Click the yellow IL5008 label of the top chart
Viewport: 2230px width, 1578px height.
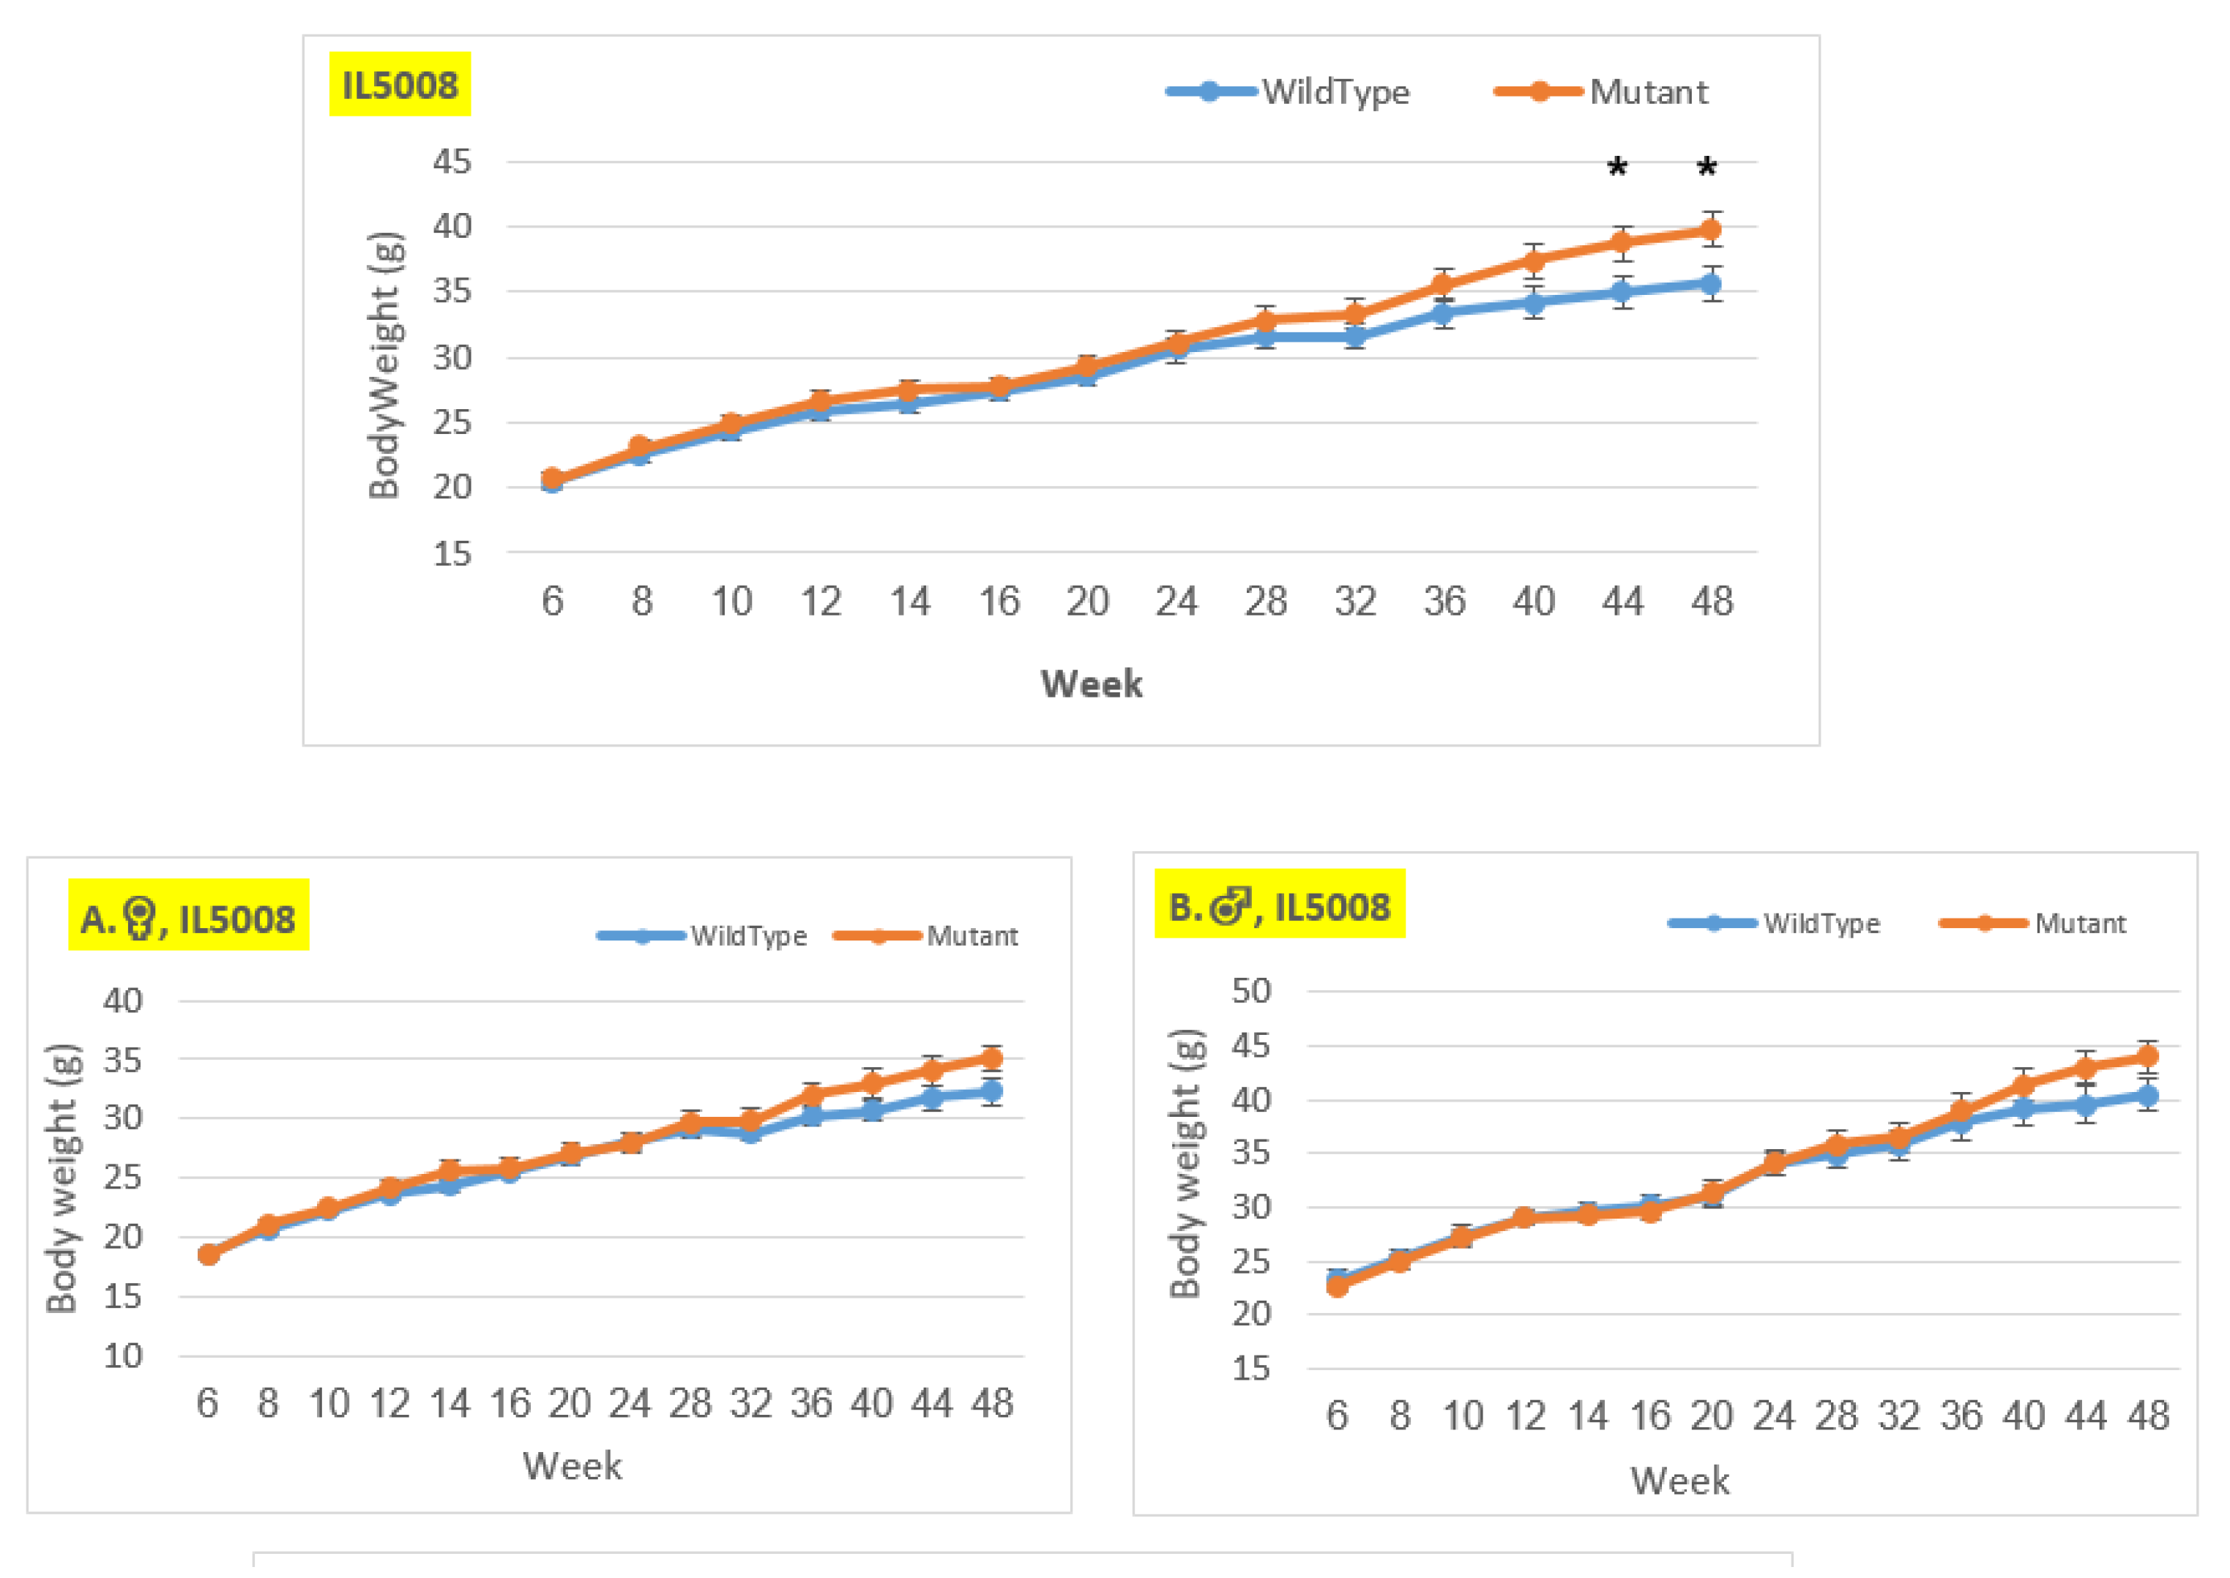pos(399,85)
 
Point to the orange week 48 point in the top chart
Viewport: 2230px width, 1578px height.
pos(1710,231)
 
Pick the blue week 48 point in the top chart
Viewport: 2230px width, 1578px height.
pos(1710,284)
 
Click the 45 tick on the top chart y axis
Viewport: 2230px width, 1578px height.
pos(452,161)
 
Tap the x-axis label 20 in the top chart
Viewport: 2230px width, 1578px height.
pos(1087,602)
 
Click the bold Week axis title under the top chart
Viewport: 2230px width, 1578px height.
pos(1091,684)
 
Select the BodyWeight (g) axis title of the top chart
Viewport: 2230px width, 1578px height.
pos(385,365)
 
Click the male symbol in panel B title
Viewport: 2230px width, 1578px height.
pos(1230,905)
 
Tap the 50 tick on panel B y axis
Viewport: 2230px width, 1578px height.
pos(1250,991)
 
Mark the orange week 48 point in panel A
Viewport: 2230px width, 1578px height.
pos(991,1058)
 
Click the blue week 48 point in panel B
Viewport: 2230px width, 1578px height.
pos(2147,1096)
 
